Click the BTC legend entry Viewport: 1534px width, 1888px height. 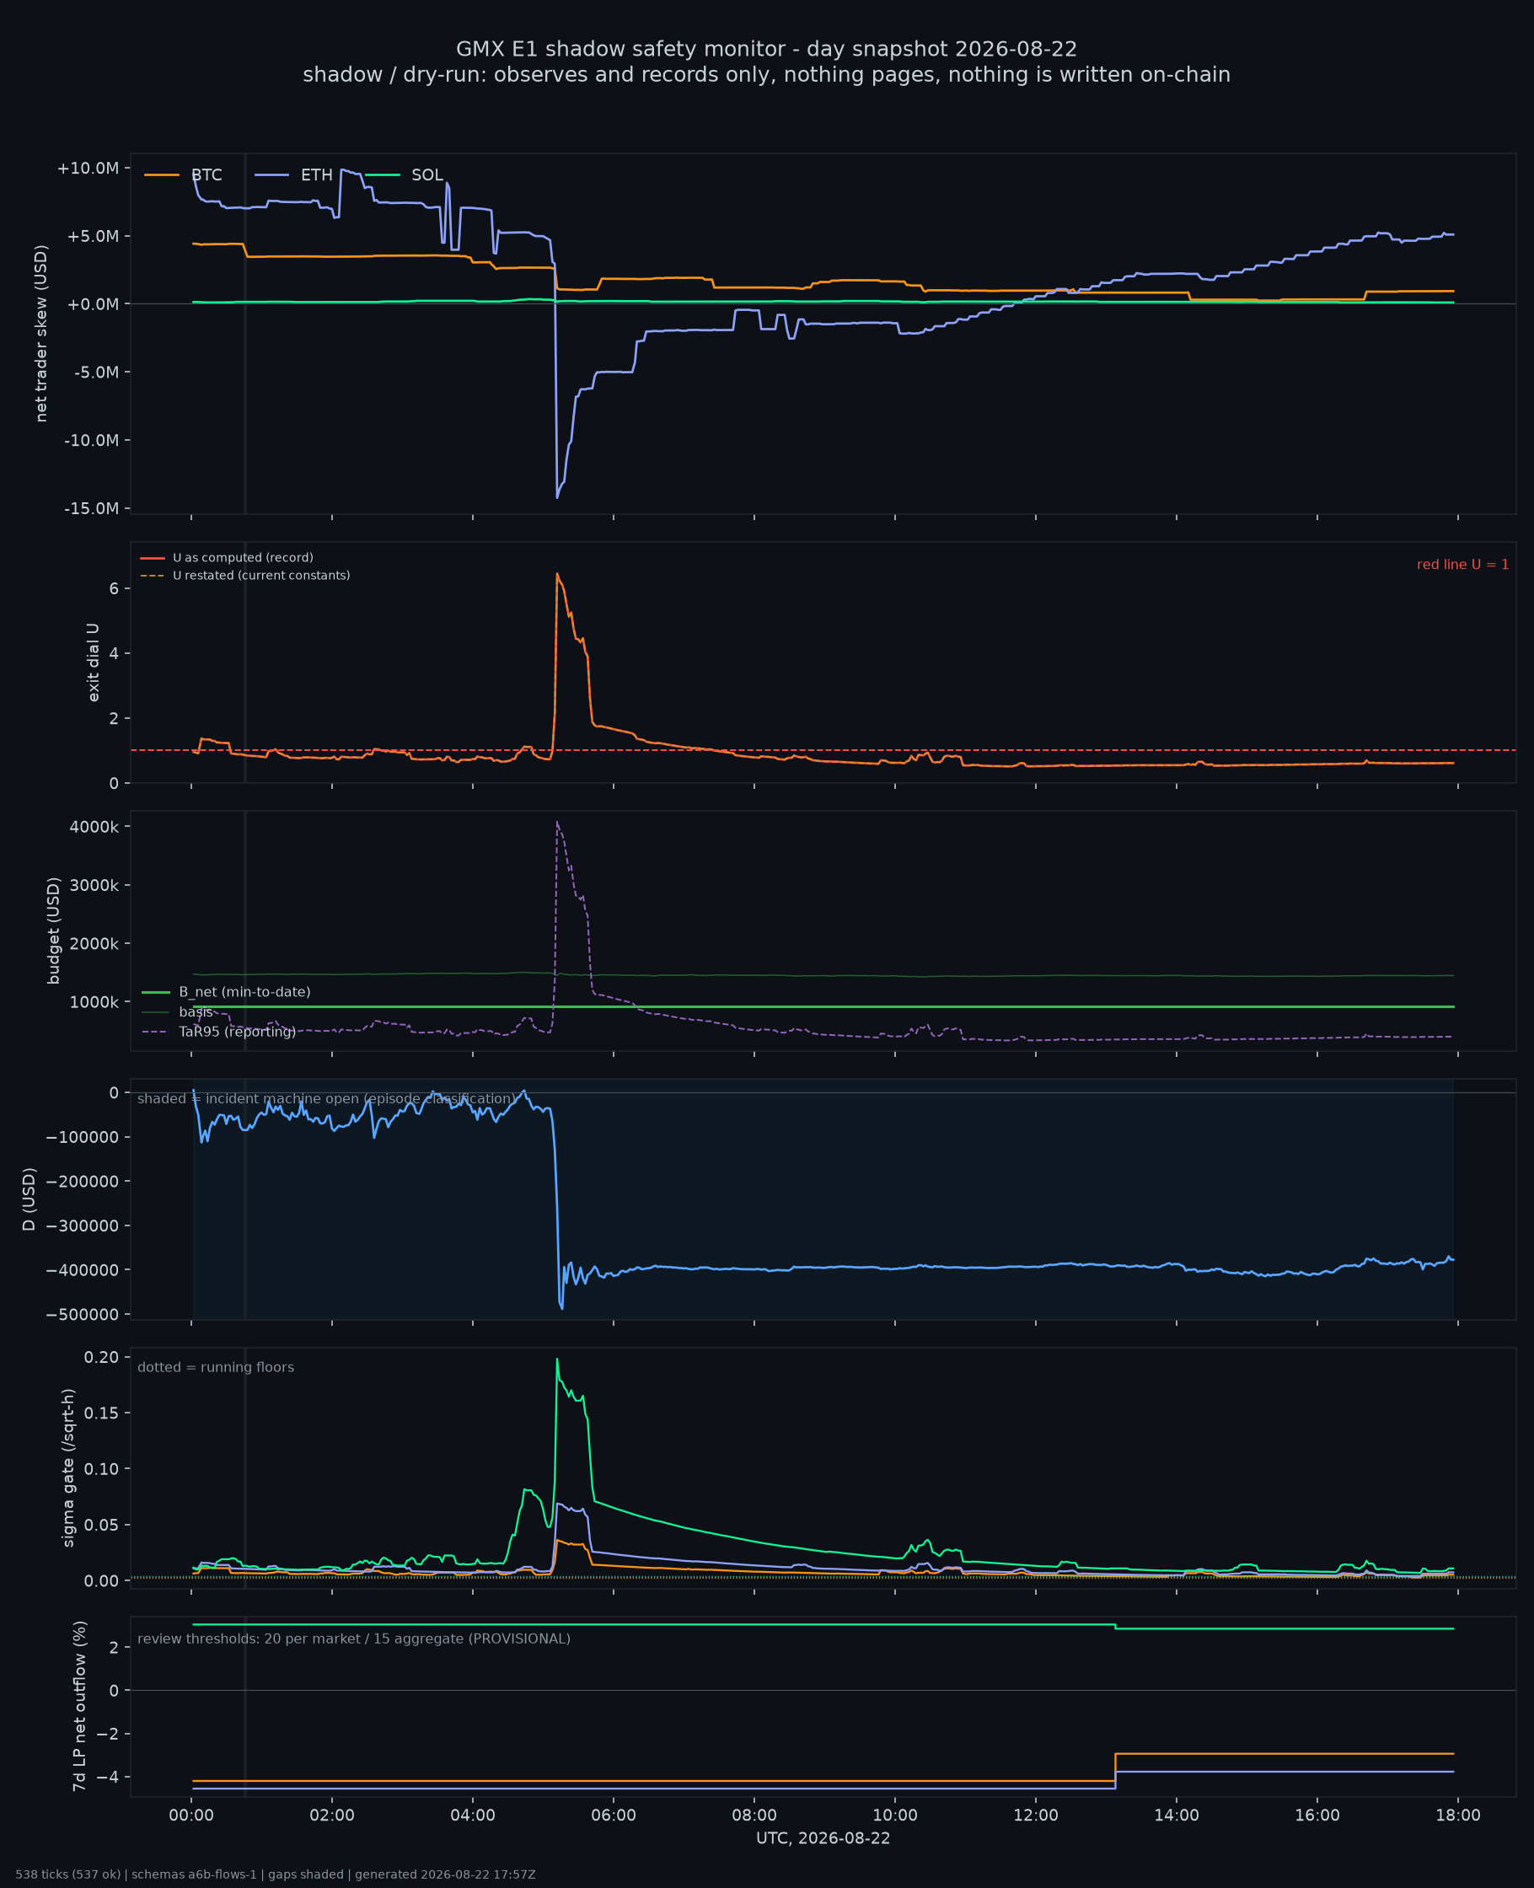coord(183,175)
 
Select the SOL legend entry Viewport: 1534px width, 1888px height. coord(404,175)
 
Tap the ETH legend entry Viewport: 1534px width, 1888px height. coord(293,175)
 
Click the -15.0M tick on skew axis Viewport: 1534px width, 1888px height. coord(91,508)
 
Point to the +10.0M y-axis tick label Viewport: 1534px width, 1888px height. coord(88,168)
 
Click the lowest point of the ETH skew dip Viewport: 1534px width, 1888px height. coord(556,498)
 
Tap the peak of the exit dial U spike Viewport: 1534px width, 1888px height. coord(556,573)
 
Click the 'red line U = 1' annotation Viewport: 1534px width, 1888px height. coord(1462,565)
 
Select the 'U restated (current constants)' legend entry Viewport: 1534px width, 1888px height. coord(244,575)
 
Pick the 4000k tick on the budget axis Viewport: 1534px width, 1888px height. coord(94,827)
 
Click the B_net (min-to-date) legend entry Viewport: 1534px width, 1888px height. coord(225,992)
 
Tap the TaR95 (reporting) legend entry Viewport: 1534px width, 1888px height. coord(218,1032)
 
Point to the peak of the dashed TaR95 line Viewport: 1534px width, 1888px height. coord(556,822)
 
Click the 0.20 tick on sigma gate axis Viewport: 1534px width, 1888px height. coord(102,1357)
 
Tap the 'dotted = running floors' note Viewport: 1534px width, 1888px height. coord(216,1368)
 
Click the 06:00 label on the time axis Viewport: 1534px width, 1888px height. coord(614,1816)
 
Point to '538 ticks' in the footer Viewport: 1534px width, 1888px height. coord(41,1875)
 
